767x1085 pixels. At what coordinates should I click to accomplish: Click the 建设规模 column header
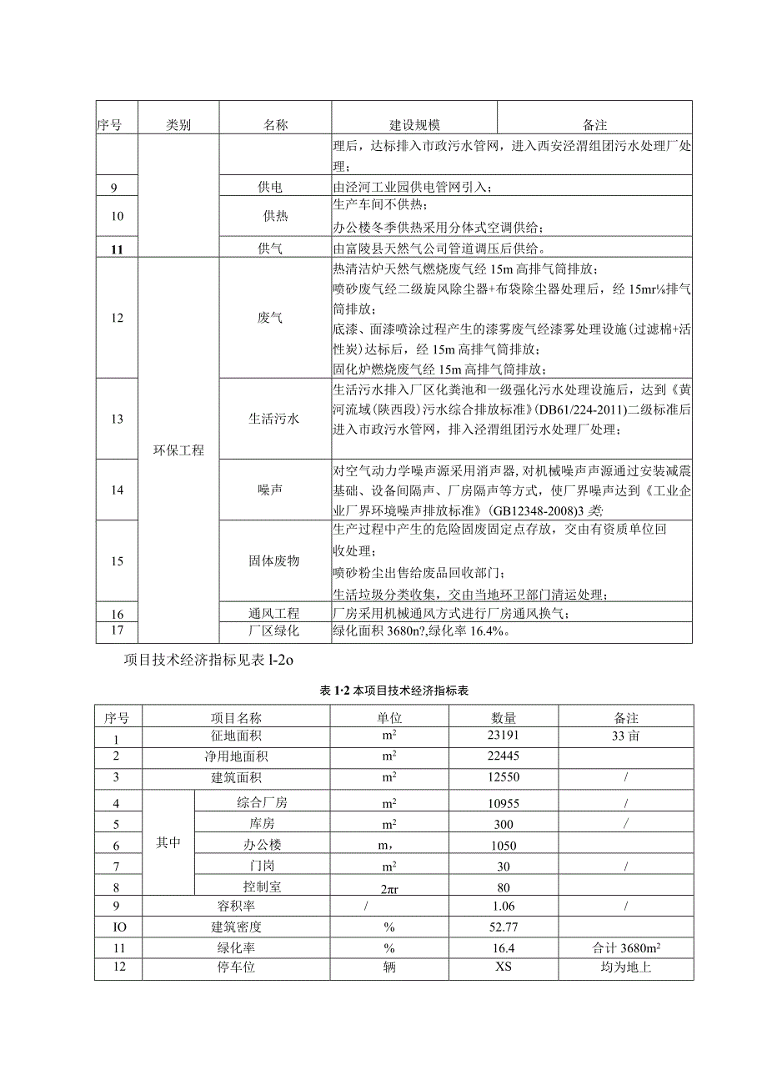[414, 125]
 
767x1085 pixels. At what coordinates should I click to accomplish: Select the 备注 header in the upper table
[594, 125]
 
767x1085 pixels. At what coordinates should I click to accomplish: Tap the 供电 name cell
[275, 187]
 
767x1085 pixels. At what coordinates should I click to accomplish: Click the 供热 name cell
[275, 216]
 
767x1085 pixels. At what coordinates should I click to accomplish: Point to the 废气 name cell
[275, 318]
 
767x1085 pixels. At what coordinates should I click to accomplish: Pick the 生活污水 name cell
[275, 419]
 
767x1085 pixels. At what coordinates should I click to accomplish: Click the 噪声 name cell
[275, 490]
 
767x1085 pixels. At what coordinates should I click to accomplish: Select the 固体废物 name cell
[275, 561]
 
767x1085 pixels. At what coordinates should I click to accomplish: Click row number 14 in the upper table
[117, 490]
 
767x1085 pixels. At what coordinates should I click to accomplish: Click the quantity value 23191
[504, 737]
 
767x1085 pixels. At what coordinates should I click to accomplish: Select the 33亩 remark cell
[624, 737]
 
